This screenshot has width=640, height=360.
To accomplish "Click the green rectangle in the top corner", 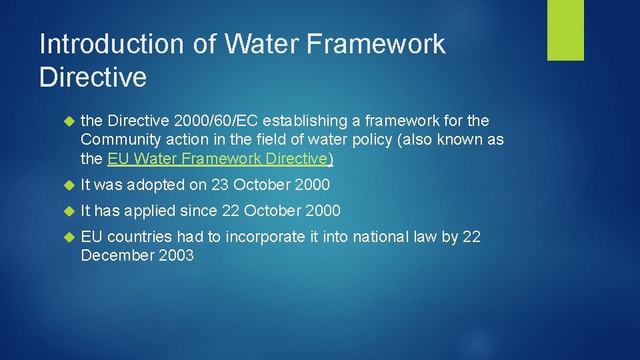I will click(565, 30).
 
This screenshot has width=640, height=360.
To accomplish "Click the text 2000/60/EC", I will click(216, 121).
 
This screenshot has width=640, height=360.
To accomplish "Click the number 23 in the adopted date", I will click(220, 185).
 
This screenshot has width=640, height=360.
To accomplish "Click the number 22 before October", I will click(231, 211).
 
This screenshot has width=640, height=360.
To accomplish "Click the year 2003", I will click(177, 255).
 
